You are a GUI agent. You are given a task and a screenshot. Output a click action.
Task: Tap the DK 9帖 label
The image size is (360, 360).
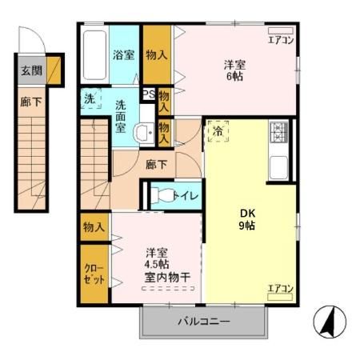pyautogui.click(x=248, y=219)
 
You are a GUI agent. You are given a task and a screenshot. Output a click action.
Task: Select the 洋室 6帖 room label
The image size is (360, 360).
pyautogui.click(x=234, y=70)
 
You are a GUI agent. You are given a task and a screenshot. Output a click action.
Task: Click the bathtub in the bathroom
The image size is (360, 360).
pyautogui.click(x=94, y=54)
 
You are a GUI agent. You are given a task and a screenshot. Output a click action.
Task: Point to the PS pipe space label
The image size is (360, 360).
pyautogui.click(x=148, y=94)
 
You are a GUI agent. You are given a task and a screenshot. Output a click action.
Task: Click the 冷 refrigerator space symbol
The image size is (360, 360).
pyautogui.click(x=218, y=130)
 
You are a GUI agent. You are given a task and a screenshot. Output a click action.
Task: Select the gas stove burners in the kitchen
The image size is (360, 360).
pyautogui.click(x=279, y=130)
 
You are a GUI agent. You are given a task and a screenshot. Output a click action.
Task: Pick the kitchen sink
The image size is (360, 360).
pyautogui.click(x=279, y=167)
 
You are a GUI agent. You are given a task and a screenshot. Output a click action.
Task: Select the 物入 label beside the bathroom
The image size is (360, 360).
pyautogui.click(x=157, y=55)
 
